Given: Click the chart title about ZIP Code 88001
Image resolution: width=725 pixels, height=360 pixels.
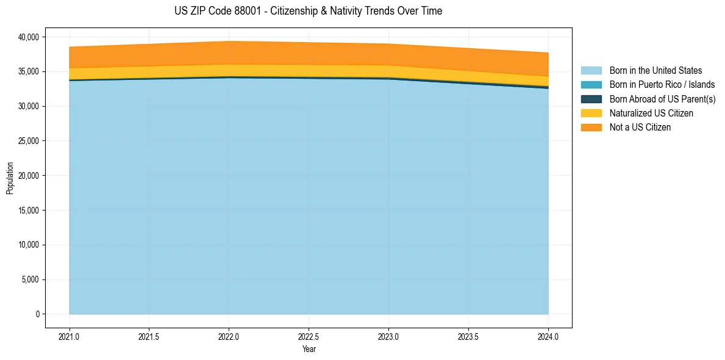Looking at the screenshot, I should tap(308, 11).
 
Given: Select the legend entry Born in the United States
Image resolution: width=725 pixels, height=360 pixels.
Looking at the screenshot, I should tap(655, 71).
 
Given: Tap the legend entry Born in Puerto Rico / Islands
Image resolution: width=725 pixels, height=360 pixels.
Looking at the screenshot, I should tap(662, 85).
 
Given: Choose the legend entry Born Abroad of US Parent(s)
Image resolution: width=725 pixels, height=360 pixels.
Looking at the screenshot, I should tap(662, 99).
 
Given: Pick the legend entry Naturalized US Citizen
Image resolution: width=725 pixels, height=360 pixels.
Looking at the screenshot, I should tap(651, 113).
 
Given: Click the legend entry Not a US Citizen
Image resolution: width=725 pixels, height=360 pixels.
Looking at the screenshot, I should tap(640, 127).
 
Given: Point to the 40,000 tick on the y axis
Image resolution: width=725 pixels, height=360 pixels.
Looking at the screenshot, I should tap(29, 37).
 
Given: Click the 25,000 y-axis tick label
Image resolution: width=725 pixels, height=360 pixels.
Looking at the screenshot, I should tap(29, 141).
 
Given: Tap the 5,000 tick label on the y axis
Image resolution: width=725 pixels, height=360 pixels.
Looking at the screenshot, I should tap(30, 279).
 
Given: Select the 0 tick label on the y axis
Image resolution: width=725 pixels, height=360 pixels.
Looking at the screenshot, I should tap(37, 314).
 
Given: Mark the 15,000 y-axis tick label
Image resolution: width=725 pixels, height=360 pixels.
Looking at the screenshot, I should tap(29, 211).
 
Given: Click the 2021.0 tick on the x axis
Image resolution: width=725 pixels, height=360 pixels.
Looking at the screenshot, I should tap(70, 336).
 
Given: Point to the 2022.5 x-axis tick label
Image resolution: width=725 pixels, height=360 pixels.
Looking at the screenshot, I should tap(309, 336).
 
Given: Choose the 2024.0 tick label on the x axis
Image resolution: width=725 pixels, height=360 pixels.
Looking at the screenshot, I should tap(548, 336).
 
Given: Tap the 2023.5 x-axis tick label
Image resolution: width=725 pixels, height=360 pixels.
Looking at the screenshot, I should tap(468, 336).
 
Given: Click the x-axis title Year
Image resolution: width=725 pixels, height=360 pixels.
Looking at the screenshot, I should tap(309, 350).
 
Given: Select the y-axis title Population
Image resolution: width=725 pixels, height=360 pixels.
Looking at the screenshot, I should tap(10, 178).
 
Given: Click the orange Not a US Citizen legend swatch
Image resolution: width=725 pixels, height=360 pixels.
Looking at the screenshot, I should tap(591, 127).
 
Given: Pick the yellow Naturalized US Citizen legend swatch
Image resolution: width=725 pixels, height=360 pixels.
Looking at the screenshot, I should tap(591, 113).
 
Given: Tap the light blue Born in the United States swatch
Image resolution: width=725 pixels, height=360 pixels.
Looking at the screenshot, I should tap(591, 71).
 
